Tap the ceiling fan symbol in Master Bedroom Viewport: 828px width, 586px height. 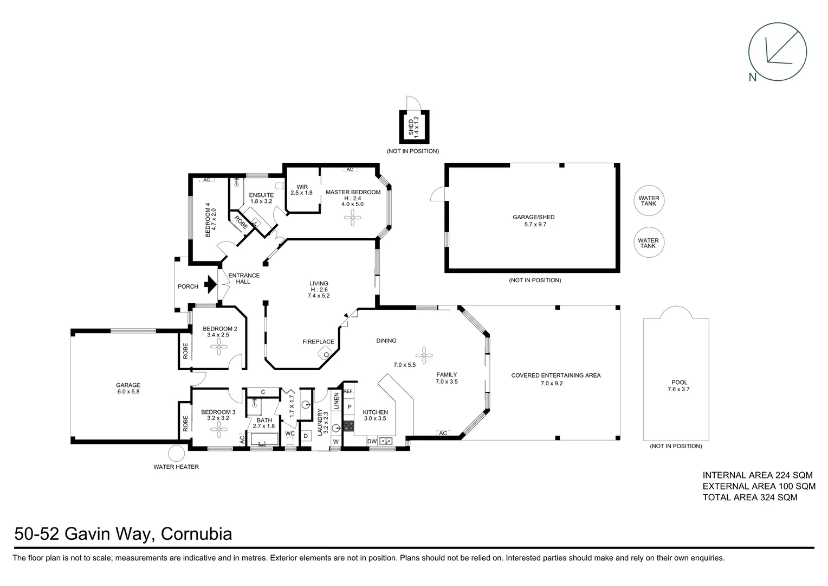tap(353, 219)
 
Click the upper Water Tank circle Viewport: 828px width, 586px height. tap(648, 201)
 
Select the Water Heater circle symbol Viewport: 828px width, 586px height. tap(176, 454)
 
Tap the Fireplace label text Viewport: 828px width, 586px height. tap(318, 342)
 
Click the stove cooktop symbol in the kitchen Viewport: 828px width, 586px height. tap(348, 426)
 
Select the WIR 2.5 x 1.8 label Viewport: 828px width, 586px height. tap(302, 190)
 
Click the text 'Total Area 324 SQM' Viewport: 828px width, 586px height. tap(750, 497)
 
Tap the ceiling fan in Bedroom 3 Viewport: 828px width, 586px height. tap(219, 431)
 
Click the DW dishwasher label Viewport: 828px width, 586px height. tap(372, 442)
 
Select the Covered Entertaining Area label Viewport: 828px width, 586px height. tap(555, 379)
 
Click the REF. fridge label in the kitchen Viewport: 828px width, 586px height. tap(348, 391)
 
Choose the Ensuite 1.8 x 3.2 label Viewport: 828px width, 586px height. tap(261, 198)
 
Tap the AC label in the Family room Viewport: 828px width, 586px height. tap(443, 433)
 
